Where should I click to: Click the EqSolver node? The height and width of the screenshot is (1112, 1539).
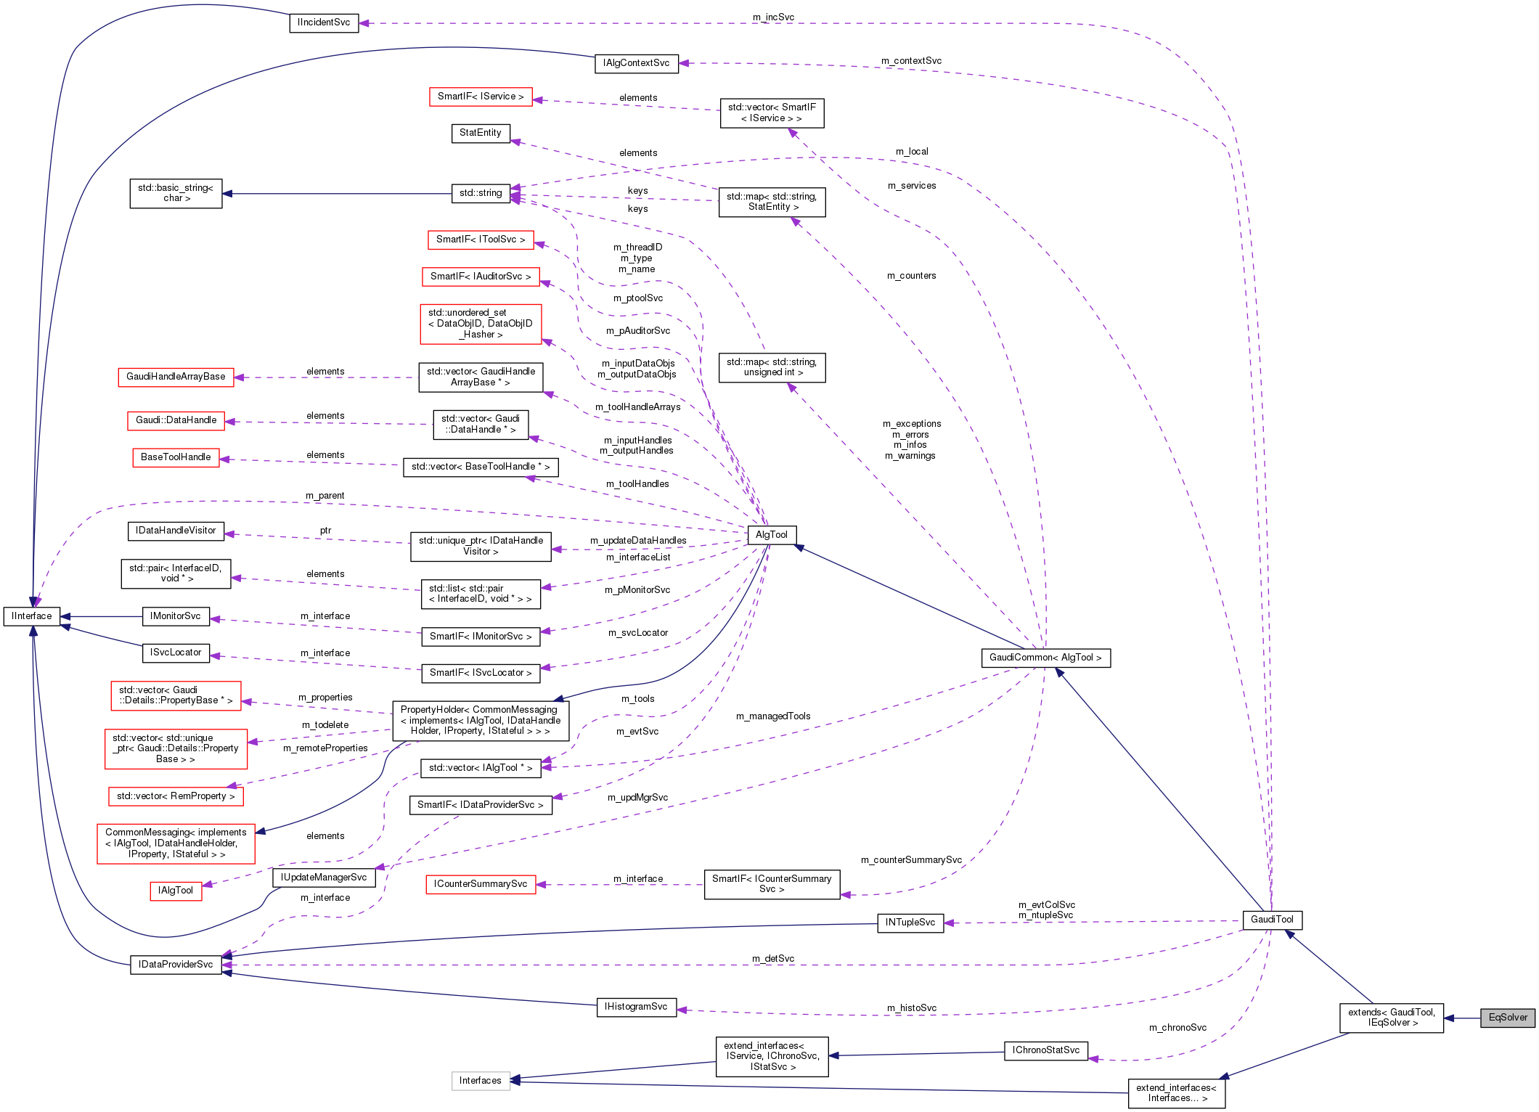1507,1018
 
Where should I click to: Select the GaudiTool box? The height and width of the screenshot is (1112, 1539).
1272,920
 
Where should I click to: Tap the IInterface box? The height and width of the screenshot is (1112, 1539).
32,616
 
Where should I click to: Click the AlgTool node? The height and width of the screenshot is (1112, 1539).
771,535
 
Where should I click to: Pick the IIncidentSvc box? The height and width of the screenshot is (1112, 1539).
324,23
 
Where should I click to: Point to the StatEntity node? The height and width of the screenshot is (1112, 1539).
480,133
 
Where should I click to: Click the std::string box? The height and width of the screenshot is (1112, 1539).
480,193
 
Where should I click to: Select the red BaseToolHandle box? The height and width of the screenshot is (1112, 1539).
176,457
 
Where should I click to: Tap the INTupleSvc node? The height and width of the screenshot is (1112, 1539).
910,923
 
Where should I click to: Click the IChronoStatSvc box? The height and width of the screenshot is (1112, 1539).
1045,1050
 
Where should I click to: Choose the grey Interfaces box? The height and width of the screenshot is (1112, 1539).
480,1081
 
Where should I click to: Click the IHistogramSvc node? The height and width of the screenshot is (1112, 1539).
636,1007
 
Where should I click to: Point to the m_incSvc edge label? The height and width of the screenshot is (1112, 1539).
773,17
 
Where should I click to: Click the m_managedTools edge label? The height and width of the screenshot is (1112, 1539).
773,716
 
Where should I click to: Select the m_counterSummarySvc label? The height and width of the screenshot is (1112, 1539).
911,860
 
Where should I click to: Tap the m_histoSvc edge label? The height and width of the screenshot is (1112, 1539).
911,1008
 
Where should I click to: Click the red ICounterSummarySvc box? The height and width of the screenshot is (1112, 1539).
481,884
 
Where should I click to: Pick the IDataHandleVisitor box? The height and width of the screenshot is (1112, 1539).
176,531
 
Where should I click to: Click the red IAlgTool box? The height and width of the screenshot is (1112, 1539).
176,891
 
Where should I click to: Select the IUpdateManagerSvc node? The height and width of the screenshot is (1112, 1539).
324,878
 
